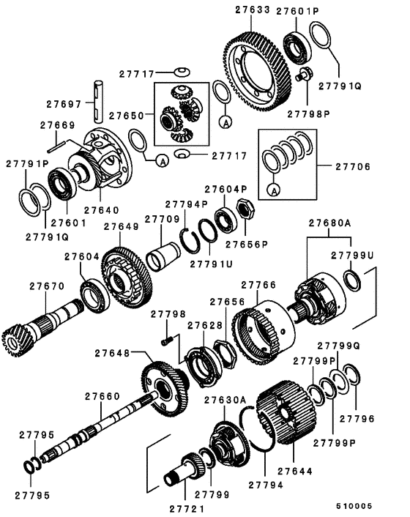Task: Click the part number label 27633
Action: click(250, 11)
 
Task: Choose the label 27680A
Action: click(329, 222)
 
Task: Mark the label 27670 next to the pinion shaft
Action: click(45, 286)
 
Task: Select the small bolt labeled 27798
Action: click(168, 339)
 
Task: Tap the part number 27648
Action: click(112, 353)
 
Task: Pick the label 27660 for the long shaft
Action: click(100, 396)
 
